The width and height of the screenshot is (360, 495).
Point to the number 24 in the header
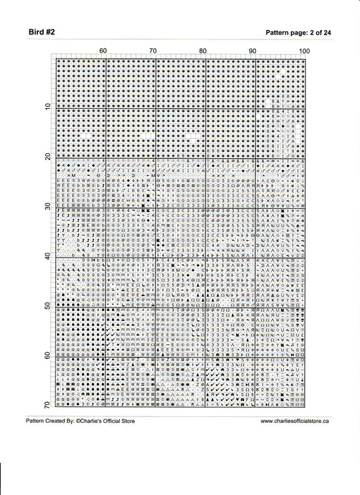(x=328, y=32)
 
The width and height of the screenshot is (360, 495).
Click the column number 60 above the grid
(x=103, y=51)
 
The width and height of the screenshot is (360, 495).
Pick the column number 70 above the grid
(x=153, y=51)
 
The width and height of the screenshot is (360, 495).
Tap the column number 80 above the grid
(x=203, y=51)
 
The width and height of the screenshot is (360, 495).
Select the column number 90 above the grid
(x=253, y=51)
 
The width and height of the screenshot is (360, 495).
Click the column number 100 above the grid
(x=304, y=51)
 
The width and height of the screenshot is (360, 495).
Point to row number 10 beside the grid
(x=48, y=107)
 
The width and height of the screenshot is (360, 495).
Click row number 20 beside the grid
(x=48, y=157)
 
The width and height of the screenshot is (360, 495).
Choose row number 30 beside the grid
(x=48, y=206)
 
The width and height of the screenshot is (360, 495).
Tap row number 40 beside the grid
(x=48, y=256)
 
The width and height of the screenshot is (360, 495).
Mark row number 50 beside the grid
(x=48, y=306)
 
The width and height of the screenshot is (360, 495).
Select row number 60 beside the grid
(x=48, y=356)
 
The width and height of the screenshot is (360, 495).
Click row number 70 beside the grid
(x=48, y=406)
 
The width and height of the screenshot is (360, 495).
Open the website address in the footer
(x=294, y=422)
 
